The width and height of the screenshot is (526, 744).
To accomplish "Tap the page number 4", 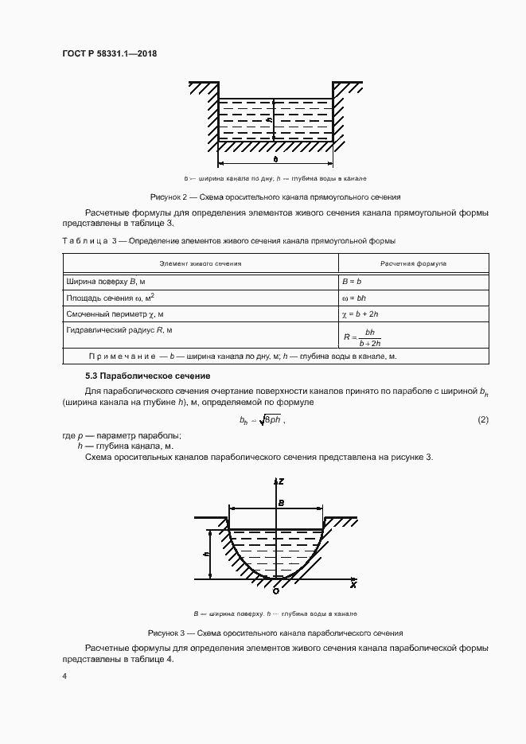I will [x=64, y=676].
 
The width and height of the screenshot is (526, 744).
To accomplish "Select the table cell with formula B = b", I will [x=352, y=281].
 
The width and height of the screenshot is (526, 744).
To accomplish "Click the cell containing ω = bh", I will [x=354, y=298].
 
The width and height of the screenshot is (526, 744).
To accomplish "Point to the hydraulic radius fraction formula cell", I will [x=363, y=337].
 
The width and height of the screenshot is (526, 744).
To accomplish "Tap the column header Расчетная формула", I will [x=413, y=262].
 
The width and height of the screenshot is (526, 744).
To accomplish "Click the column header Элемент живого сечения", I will [x=201, y=262].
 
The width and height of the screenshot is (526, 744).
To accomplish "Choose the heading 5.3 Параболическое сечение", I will [x=148, y=375].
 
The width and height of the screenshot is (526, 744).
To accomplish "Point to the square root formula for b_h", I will [x=260, y=420].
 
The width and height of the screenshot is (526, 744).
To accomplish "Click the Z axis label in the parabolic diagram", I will [x=282, y=482].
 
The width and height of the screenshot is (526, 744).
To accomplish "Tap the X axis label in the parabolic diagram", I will [x=353, y=585].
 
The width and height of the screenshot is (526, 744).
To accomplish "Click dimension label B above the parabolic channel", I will [x=281, y=502].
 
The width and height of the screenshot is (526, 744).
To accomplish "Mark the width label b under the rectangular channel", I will [x=275, y=160].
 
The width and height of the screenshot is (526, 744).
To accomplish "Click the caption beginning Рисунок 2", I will [x=275, y=196].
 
